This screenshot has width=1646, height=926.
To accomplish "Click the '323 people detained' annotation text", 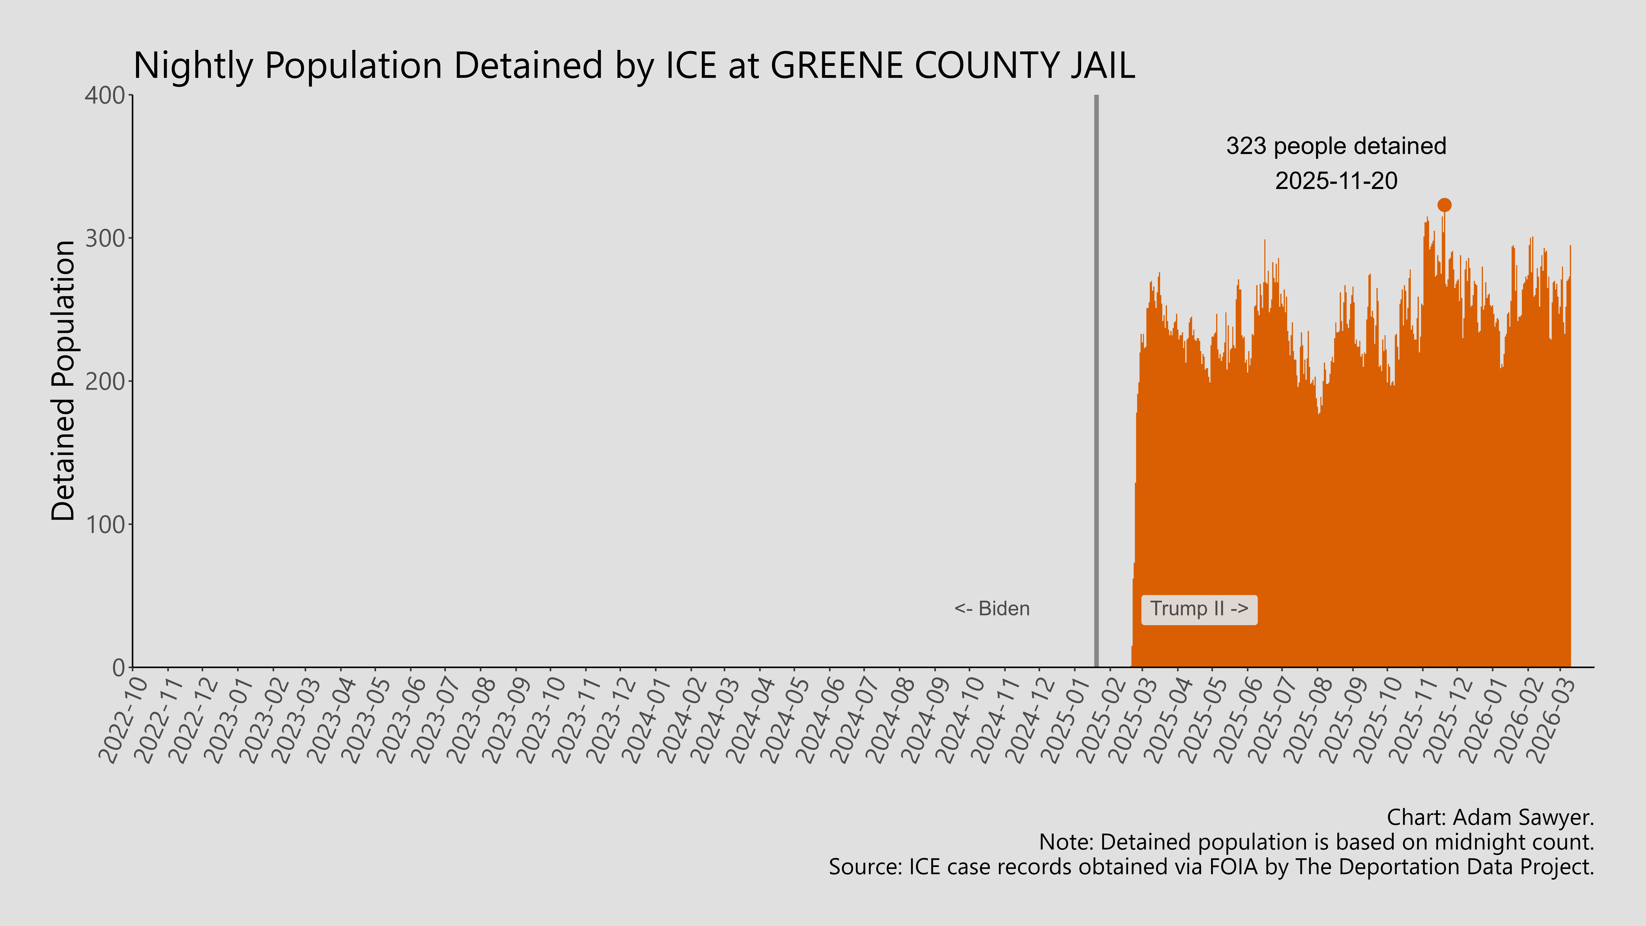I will [x=1335, y=146].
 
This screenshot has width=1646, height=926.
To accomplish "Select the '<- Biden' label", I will [x=992, y=609].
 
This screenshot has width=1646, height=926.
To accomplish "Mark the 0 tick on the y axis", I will [x=118, y=668].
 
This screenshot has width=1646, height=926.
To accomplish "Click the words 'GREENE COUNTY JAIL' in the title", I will [x=952, y=65].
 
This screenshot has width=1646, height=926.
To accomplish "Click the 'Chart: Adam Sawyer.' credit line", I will [x=1490, y=817].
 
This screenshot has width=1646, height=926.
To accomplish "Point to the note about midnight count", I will [x=1316, y=842].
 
